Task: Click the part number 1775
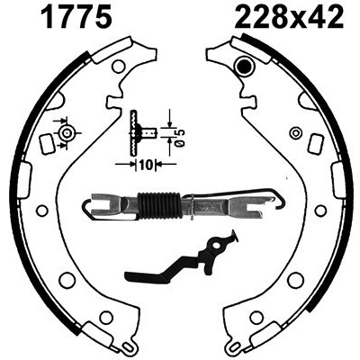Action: point(76,16)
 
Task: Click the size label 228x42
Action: point(289,16)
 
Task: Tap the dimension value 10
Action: point(146,165)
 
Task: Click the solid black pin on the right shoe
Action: point(243,65)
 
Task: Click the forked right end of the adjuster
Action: point(245,204)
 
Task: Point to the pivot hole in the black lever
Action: point(216,246)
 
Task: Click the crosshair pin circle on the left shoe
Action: point(67,132)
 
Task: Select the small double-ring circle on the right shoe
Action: point(296,132)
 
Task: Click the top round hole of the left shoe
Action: point(119,66)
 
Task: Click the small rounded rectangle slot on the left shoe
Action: point(47,144)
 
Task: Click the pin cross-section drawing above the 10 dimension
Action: point(141,132)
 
